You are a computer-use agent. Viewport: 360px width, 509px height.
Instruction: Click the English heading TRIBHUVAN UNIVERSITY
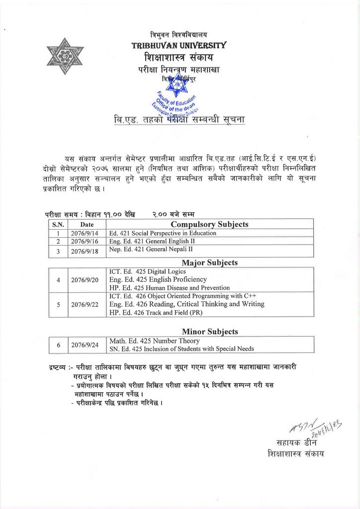pos(179,45)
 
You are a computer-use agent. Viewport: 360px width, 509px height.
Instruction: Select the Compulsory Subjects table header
pos(209,224)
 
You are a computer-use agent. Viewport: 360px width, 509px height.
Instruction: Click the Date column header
pos(87,225)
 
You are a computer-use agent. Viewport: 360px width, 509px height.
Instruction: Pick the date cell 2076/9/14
pos(85,233)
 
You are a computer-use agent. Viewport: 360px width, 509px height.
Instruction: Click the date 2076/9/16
pos(85,242)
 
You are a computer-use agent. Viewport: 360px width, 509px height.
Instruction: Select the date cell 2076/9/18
pos(85,251)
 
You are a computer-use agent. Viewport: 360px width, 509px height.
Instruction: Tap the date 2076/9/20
pos(85,280)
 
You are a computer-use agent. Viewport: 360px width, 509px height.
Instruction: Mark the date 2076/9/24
pos(85,344)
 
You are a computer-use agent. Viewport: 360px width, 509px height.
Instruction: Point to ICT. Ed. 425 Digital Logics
pos(148,271)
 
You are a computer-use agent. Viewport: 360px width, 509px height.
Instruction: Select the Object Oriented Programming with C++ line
pos(179,296)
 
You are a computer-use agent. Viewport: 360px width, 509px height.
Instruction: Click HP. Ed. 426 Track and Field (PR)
pos(157,313)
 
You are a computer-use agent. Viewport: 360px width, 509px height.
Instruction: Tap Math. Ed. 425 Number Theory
pos(154,341)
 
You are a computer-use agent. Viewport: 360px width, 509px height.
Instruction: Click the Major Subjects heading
pos(209,262)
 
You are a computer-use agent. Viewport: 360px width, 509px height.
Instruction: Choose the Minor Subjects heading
pos(209,332)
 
